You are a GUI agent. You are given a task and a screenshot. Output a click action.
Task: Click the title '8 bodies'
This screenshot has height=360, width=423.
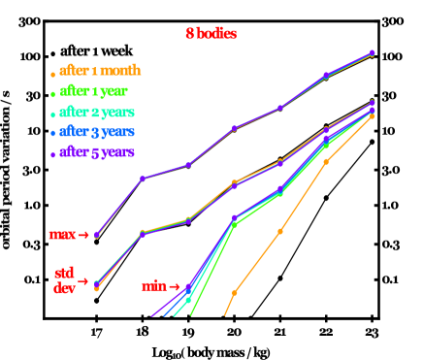[211, 34]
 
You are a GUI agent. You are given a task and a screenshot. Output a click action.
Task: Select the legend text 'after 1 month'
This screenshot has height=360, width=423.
[100, 71]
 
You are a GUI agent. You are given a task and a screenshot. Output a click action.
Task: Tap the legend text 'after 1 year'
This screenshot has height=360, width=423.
[93, 92]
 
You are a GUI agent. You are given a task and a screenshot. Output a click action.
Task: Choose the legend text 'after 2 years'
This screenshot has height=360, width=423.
[96, 113]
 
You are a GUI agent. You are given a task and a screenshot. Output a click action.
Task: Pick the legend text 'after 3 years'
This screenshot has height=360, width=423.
[96, 132]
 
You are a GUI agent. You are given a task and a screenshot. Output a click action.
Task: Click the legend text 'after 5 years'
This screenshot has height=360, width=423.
[96, 152]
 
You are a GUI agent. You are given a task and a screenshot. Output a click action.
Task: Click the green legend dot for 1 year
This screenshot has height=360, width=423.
[52, 94]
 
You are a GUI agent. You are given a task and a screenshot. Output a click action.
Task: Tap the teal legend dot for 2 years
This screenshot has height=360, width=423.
[52, 115]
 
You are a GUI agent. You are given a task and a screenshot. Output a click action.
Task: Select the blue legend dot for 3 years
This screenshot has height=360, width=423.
[52, 134]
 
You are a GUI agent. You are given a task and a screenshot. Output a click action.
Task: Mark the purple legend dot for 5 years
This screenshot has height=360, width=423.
[52, 154]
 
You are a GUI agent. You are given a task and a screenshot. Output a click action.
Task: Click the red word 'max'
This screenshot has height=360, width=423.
[62, 235]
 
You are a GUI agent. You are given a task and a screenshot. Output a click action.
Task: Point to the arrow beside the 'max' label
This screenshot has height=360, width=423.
[83, 235]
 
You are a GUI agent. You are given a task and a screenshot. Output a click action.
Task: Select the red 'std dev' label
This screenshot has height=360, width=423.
[65, 280]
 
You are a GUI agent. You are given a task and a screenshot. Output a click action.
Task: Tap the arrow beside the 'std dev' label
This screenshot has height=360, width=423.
[82, 281]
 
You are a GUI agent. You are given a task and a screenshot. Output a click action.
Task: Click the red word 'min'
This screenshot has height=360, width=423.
[153, 286]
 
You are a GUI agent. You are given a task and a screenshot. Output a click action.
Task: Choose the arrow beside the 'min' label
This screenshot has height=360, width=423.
[175, 286]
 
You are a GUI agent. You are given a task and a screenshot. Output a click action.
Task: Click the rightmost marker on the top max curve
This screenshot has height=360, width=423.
[373, 53]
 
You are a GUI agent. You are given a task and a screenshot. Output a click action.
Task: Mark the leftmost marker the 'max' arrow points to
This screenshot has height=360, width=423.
[97, 235]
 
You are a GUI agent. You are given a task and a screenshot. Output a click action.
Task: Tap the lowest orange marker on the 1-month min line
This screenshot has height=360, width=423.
[234, 292]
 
